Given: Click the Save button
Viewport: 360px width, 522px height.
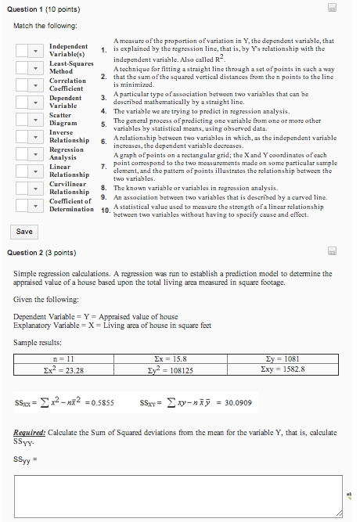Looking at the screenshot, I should tap(24, 232).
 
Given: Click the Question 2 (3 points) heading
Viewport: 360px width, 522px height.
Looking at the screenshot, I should tap(41, 253).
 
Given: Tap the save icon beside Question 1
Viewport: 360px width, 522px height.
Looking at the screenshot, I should tap(332, 7).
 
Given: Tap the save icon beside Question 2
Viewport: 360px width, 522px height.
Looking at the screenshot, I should tap(332, 252).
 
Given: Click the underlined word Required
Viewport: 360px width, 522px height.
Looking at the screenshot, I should tap(31, 432).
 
